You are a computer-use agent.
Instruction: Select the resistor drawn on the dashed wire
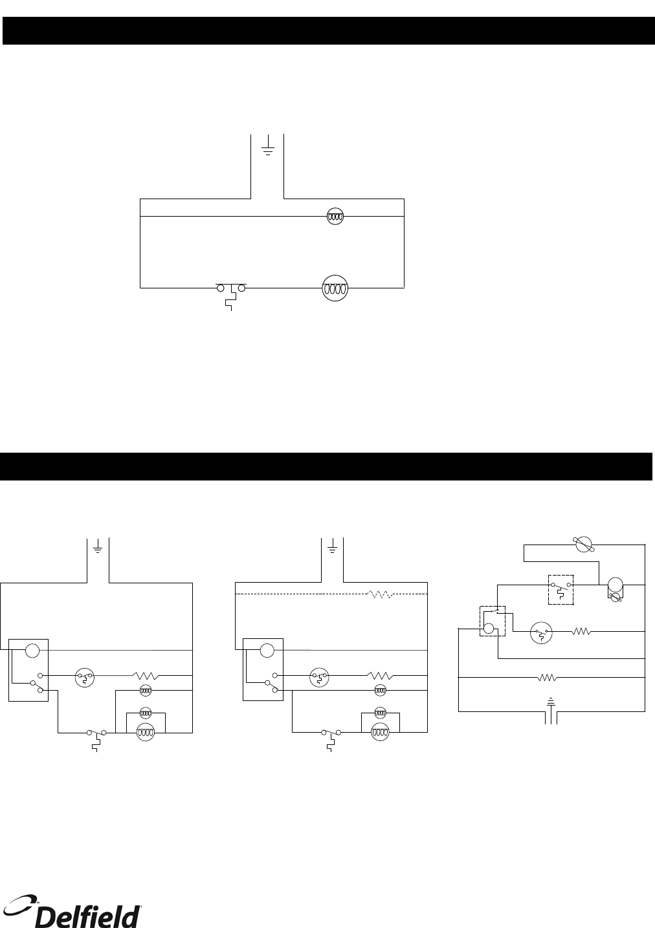coord(379,593)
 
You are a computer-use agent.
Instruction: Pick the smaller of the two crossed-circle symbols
coord(616,598)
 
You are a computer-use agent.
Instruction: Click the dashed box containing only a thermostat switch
coord(561,589)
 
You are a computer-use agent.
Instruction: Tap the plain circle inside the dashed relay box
coord(489,627)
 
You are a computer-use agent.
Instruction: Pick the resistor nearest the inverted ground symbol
coord(548,678)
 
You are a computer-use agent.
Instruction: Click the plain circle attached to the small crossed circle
coord(616,584)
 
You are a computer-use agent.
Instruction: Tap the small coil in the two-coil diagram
coord(334,218)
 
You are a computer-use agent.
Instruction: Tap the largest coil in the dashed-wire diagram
coord(380,733)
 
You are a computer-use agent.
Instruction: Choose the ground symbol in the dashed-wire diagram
coord(333,549)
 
